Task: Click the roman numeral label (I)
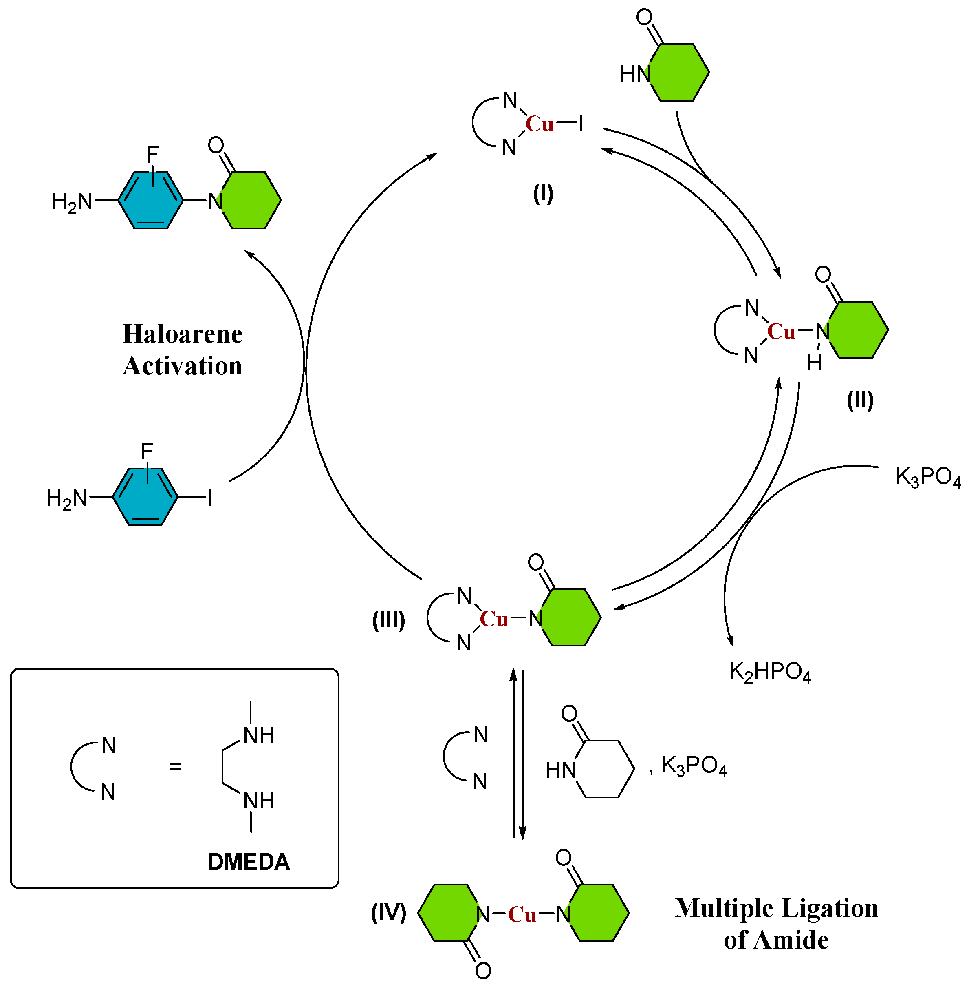click(543, 194)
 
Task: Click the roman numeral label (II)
click(860, 400)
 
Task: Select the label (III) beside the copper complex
click(389, 620)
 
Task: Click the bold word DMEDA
click(249, 862)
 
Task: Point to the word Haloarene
click(183, 334)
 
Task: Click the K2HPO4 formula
click(769, 672)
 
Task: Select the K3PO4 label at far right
click(928, 477)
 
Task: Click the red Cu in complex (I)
click(540, 124)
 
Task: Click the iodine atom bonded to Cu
click(580, 123)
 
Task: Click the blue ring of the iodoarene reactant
click(145, 496)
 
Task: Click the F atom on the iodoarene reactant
click(147, 451)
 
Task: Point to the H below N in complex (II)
click(814, 363)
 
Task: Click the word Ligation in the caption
click(830, 909)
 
